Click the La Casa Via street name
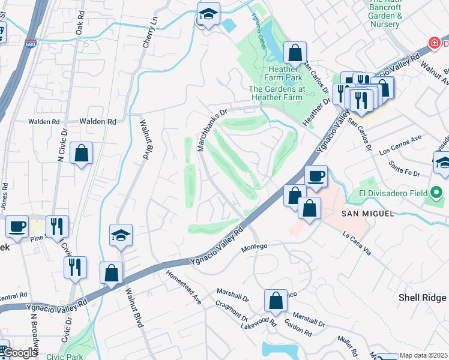(357, 243)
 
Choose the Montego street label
(253, 247)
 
